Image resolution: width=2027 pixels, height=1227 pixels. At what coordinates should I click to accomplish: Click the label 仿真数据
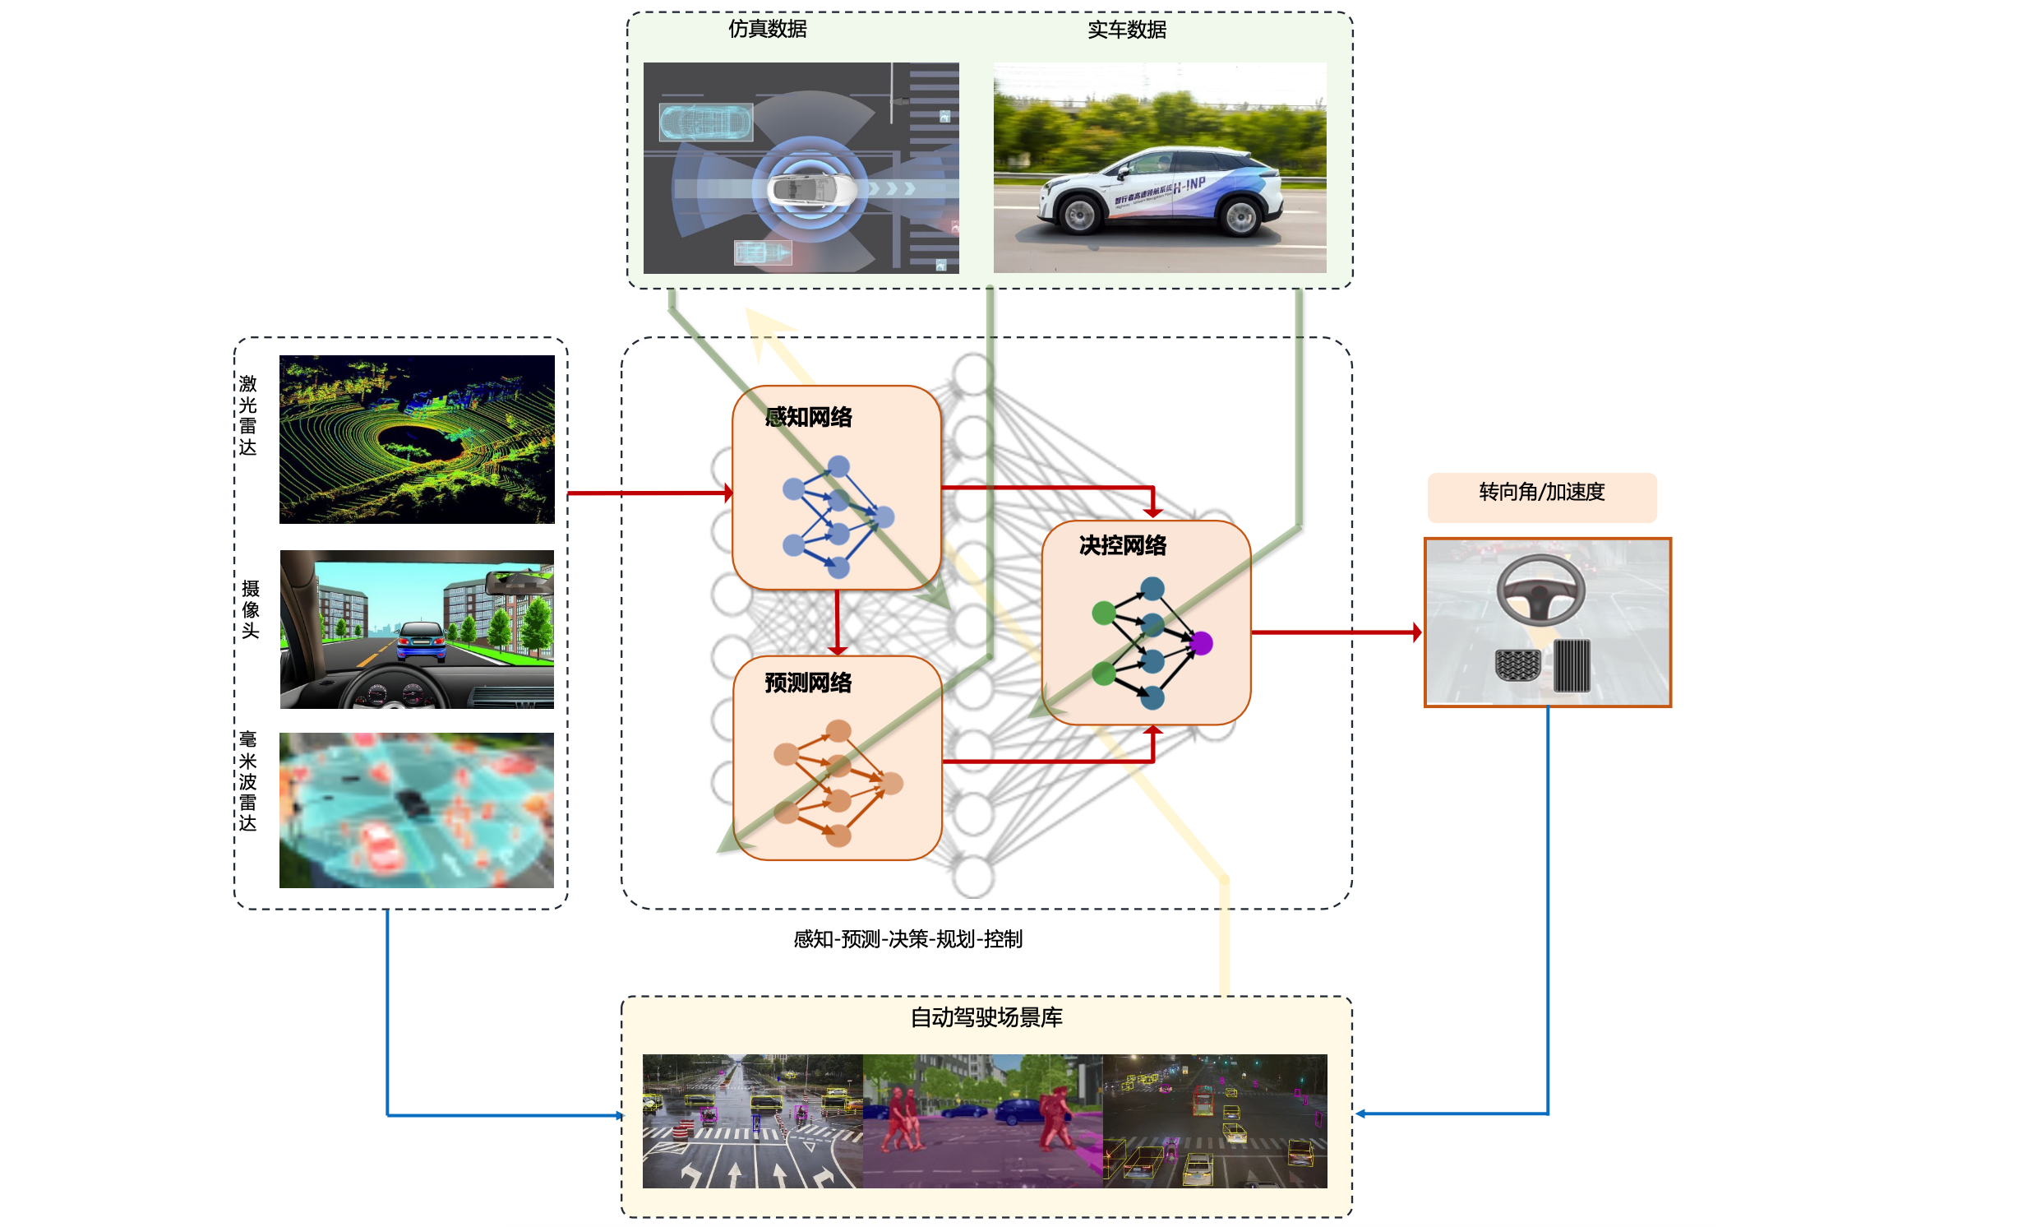click(768, 29)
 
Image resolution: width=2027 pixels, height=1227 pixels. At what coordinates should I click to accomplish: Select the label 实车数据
click(1126, 30)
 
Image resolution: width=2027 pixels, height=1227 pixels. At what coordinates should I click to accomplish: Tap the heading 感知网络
click(808, 417)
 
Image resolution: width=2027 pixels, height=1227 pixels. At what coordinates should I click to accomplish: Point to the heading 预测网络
click(808, 683)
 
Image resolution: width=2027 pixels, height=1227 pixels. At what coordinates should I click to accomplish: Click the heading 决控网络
click(1122, 544)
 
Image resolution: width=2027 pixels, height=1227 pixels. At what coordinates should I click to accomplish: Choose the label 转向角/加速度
click(1542, 492)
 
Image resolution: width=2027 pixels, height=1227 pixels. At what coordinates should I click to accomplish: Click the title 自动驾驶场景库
click(986, 1017)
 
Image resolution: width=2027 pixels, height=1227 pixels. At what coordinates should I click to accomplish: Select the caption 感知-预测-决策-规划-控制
click(907, 939)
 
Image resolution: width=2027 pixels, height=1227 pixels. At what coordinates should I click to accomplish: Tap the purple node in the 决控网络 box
click(1201, 643)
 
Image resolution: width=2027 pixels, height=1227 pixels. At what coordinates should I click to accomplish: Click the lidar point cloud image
click(416, 438)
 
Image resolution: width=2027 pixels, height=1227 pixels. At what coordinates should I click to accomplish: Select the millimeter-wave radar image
click(416, 810)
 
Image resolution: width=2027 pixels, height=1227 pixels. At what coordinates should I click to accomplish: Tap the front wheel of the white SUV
click(1079, 215)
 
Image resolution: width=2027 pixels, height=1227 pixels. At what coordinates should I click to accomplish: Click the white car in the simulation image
click(810, 189)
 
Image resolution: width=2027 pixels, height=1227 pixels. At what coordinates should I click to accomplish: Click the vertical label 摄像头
click(250, 609)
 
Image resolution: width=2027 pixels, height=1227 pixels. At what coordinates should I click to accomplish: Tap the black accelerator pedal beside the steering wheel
click(1572, 665)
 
